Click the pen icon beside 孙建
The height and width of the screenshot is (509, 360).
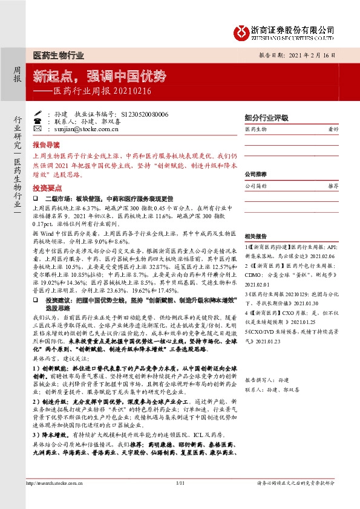38,114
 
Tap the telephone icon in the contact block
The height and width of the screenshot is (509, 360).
38,121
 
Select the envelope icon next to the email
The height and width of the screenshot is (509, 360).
38,128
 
